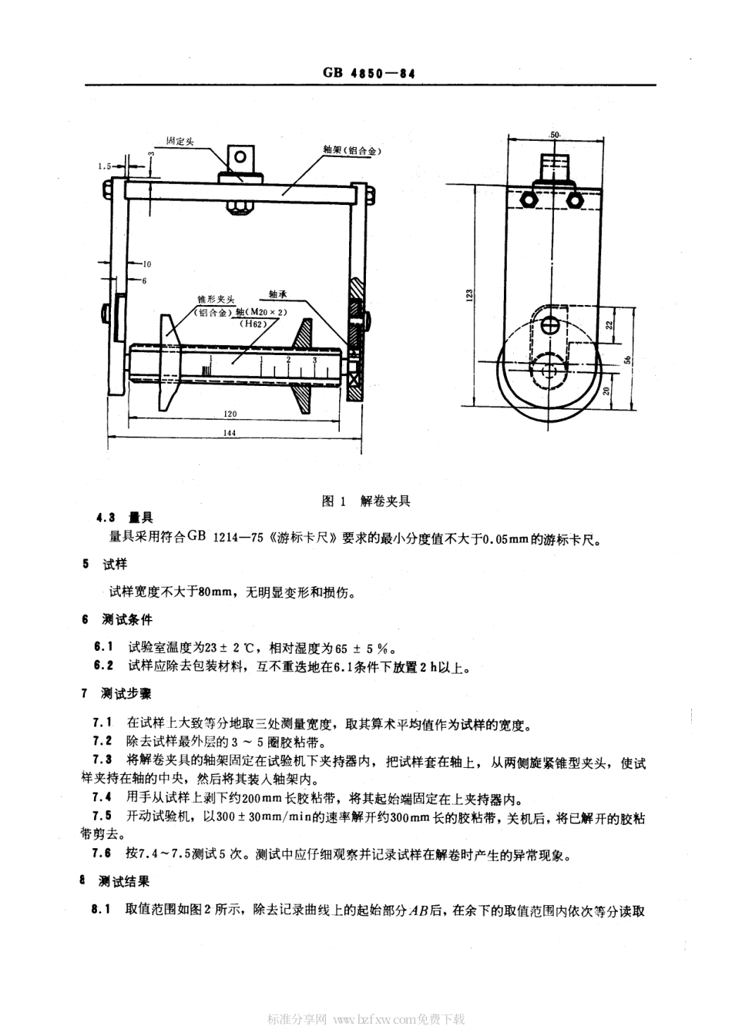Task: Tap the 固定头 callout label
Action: click(x=180, y=141)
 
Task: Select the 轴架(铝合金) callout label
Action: click(x=352, y=151)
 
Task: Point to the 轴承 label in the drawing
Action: click(x=278, y=294)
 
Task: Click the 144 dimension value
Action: click(x=229, y=433)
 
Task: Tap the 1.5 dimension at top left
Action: click(x=106, y=166)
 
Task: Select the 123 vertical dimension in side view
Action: click(x=469, y=294)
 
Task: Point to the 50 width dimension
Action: click(x=554, y=134)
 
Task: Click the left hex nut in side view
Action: click(x=529, y=199)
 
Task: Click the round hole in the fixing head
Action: click(x=241, y=157)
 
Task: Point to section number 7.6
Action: click(x=101, y=853)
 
